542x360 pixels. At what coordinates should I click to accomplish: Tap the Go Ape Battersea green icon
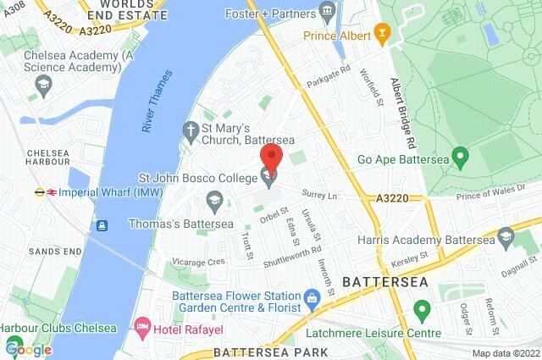(461, 157)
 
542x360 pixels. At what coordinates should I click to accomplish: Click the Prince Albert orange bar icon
(382, 36)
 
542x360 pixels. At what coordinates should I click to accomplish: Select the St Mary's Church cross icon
(191, 130)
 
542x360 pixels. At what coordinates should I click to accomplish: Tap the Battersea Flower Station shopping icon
(312, 296)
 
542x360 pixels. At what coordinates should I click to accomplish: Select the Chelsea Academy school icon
(43, 84)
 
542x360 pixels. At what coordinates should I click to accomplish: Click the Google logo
(28, 348)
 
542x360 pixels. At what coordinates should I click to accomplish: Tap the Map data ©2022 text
(506, 353)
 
